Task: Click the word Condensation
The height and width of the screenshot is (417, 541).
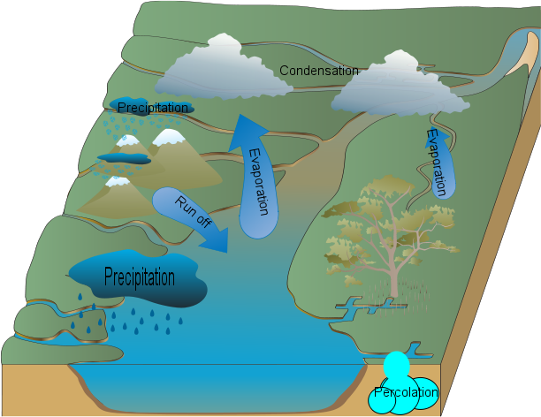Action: (319, 71)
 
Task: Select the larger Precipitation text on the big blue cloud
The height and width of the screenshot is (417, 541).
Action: (140, 277)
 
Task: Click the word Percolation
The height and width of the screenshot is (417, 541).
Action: (406, 392)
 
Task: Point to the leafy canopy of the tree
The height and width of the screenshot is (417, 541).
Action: (376, 216)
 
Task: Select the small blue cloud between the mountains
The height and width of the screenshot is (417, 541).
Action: (123, 158)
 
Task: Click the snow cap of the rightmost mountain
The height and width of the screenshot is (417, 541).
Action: (169, 137)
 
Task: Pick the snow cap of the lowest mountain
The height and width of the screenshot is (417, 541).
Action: (117, 182)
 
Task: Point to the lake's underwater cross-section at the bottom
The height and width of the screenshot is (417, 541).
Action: (221, 384)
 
